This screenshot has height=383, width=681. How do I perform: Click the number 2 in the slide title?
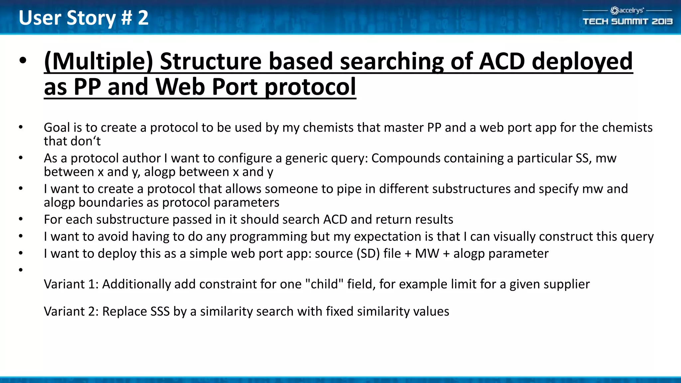(143, 18)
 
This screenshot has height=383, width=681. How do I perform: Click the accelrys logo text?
(631, 10)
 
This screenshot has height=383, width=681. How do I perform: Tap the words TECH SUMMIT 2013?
(627, 22)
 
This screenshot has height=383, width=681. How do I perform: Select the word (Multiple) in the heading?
(98, 62)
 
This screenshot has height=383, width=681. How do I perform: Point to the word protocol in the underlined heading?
(310, 87)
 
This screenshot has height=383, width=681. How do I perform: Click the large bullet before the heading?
(23, 61)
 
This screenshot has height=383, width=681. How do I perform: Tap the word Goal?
(57, 128)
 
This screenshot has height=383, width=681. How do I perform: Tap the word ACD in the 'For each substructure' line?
(335, 219)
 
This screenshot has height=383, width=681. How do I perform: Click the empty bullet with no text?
(21, 270)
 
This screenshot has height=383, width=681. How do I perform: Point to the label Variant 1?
(71, 284)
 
